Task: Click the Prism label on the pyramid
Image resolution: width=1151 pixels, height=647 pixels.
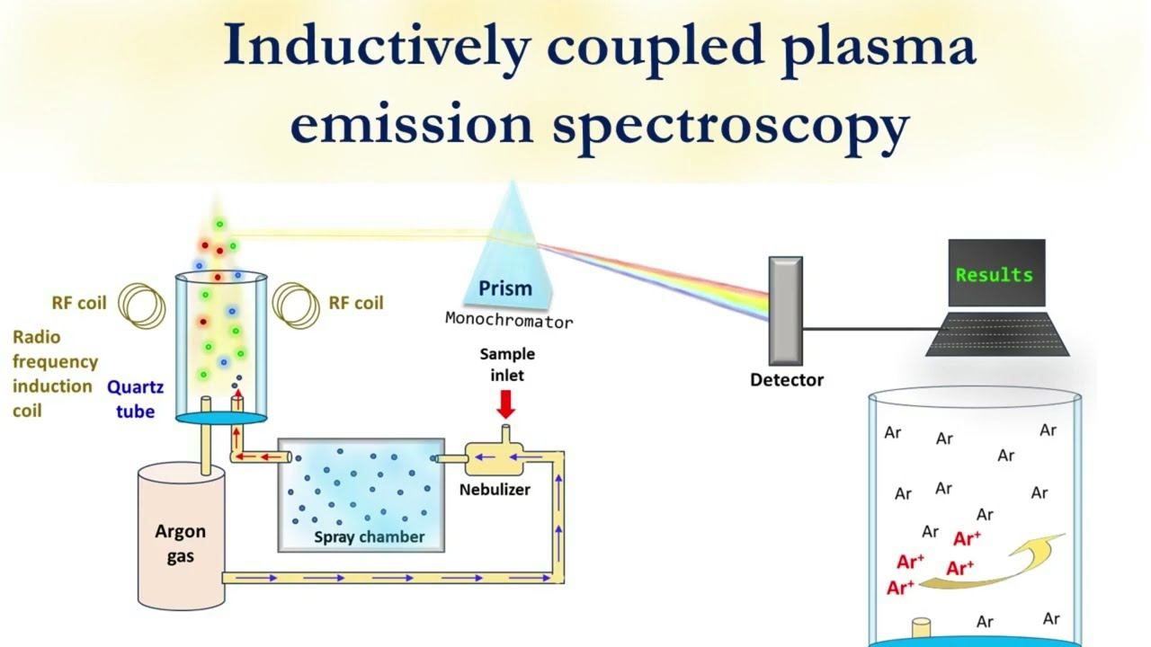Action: tap(504, 288)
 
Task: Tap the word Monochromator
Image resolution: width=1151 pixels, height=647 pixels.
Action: tap(508, 319)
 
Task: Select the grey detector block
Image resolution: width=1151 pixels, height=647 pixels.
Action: tap(785, 311)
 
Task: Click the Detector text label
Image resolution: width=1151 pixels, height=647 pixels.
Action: tap(787, 380)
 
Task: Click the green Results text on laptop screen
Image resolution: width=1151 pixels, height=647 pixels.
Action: tap(994, 275)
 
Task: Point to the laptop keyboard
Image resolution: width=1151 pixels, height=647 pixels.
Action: tap(997, 334)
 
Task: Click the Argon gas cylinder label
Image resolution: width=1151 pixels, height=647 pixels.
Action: tap(180, 544)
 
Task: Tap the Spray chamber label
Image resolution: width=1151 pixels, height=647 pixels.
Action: tap(369, 537)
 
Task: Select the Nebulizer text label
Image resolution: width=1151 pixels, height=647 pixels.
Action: tap(495, 490)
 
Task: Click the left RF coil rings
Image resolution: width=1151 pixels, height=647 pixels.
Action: tap(142, 305)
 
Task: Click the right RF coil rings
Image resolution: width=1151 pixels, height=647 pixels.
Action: tap(297, 305)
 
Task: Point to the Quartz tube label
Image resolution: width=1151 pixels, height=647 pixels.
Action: tap(136, 400)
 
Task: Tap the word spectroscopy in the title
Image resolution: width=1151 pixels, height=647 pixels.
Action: tap(730, 124)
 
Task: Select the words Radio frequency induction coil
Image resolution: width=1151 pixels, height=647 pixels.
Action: tap(54, 374)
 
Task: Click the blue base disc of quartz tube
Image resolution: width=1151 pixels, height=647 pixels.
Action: tap(220, 417)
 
